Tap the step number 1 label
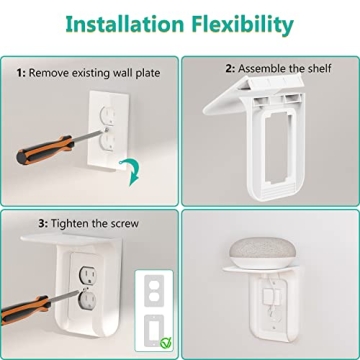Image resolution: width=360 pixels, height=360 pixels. (x=20, y=72)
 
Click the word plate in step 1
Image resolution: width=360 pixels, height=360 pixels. (x=143, y=72)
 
